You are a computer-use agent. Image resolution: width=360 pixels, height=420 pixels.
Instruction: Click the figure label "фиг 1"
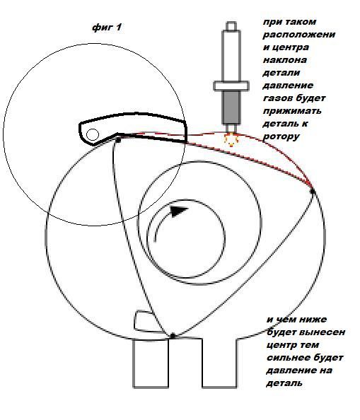(x=107, y=28)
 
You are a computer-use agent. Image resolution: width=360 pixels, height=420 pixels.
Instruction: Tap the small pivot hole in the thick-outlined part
(x=93, y=134)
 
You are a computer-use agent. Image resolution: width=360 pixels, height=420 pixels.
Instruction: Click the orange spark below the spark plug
(x=231, y=139)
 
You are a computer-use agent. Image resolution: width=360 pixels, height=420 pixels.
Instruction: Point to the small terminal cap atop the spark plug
(x=231, y=26)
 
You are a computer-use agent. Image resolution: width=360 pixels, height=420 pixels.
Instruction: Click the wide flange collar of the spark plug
(x=231, y=86)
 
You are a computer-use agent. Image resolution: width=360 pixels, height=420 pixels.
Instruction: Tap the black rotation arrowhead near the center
(x=179, y=211)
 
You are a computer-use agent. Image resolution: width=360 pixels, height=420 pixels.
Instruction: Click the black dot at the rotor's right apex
(x=313, y=191)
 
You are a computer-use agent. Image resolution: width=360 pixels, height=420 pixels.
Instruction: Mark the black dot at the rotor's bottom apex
(x=173, y=336)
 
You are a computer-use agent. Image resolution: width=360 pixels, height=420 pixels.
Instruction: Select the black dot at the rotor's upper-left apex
(x=118, y=140)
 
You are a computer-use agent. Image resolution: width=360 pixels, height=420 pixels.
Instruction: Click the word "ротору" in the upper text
(x=281, y=136)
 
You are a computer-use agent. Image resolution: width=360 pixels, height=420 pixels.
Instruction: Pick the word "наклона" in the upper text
(x=285, y=59)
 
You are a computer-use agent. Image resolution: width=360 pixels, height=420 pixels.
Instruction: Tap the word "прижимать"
(x=292, y=111)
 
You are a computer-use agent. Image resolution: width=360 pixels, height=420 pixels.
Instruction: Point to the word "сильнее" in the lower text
(x=286, y=358)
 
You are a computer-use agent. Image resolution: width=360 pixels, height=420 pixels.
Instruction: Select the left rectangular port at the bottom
(x=151, y=363)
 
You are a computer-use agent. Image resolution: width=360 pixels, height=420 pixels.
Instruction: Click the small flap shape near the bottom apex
(x=146, y=322)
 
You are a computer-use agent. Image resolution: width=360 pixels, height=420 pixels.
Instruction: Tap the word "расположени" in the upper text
(x=299, y=35)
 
